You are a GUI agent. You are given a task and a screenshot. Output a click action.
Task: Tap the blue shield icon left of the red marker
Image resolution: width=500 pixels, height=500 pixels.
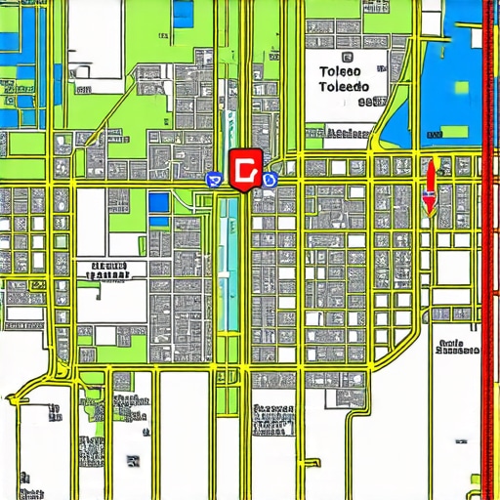pyautogui.click(x=212, y=179)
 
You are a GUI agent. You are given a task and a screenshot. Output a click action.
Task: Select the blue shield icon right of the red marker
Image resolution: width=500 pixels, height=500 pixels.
pyautogui.click(x=271, y=180)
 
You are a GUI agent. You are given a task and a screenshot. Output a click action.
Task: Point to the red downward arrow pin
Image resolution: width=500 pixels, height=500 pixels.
pyautogui.click(x=429, y=187)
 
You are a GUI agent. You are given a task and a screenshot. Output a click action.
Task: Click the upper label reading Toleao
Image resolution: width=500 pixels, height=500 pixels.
pyautogui.click(x=339, y=70)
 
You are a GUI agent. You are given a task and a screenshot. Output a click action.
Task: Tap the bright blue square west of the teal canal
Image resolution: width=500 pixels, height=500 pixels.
pyautogui.click(x=158, y=203)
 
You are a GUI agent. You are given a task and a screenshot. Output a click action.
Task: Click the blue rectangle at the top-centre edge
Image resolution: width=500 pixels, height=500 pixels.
pyautogui.click(x=183, y=13)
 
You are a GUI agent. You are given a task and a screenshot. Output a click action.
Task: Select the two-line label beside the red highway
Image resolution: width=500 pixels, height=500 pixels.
pyautogui.click(x=458, y=347)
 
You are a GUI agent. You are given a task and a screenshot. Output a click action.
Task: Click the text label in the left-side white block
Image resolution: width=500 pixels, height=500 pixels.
pyautogui.click(x=109, y=270)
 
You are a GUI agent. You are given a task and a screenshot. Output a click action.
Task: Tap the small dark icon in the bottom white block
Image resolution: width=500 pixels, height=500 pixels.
pyautogui.click(x=132, y=461)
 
